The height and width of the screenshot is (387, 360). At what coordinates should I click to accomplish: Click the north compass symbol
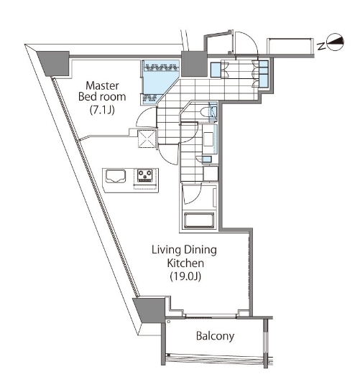(x=335, y=42)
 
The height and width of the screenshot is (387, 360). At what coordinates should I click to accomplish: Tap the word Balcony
(x=215, y=336)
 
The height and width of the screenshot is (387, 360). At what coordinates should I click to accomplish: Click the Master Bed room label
(x=102, y=91)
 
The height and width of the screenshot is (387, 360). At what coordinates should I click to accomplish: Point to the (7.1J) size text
(x=102, y=110)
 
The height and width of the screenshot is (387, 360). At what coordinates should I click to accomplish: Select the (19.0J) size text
(x=185, y=276)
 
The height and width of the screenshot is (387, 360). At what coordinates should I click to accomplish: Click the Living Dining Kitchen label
(x=185, y=256)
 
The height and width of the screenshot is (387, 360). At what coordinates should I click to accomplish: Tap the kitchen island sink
(x=116, y=176)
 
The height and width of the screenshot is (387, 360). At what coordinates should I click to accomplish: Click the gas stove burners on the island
(x=145, y=176)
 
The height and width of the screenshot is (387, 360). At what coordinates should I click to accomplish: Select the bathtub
(x=198, y=220)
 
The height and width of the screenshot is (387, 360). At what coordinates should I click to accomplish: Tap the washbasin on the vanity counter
(x=208, y=139)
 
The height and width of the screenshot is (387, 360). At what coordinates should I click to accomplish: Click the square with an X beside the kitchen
(x=147, y=139)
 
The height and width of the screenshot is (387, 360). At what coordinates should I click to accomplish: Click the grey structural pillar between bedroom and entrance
(x=194, y=64)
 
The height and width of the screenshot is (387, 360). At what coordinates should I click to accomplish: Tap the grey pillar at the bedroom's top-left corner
(x=55, y=63)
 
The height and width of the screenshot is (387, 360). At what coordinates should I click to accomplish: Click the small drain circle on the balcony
(x=169, y=322)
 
